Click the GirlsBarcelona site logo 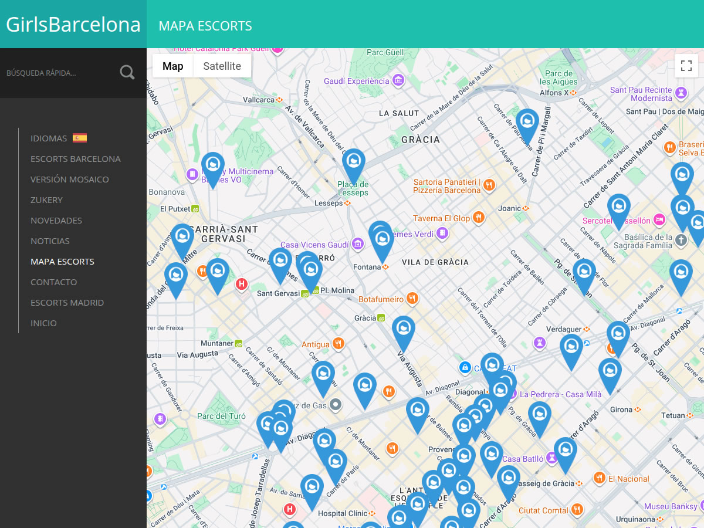[x=73, y=25]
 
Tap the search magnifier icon [x=127, y=73]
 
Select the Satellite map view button [x=222, y=66]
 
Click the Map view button [x=172, y=66]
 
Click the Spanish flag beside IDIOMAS [x=80, y=138]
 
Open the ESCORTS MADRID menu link [x=67, y=303]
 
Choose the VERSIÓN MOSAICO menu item [x=69, y=180]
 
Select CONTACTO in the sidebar [x=53, y=282]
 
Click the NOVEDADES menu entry [x=56, y=221]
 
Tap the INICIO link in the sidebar [x=43, y=323]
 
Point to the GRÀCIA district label [x=421, y=140]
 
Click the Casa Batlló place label [x=523, y=459]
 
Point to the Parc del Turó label [x=221, y=417]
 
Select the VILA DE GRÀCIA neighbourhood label [x=435, y=262]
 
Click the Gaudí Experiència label [x=357, y=81]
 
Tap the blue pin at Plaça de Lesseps [x=353, y=163]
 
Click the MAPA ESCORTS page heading [x=205, y=26]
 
